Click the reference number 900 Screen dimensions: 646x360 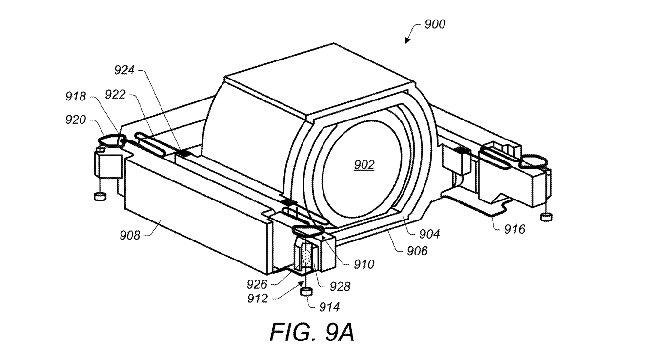click(x=435, y=24)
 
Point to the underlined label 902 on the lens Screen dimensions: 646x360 click(x=364, y=165)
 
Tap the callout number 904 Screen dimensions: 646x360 click(x=429, y=234)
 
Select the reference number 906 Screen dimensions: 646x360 click(x=417, y=251)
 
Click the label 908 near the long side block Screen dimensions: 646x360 click(x=130, y=236)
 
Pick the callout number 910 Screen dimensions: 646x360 click(x=364, y=264)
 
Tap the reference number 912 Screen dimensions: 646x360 click(x=258, y=299)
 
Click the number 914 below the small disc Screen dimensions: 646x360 click(x=329, y=307)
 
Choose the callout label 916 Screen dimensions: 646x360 click(x=515, y=229)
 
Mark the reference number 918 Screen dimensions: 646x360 click(x=76, y=97)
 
